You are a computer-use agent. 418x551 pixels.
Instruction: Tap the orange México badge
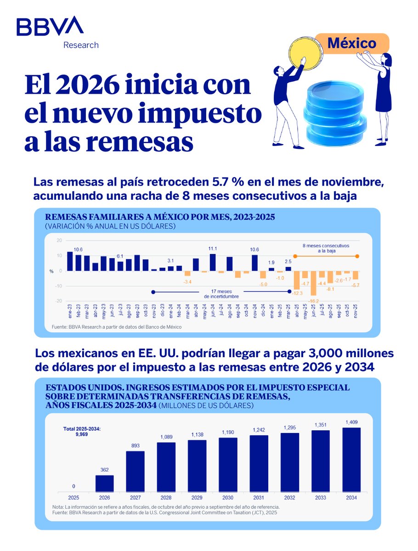pos(351,44)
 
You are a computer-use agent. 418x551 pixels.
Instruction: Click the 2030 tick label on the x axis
pos(228,498)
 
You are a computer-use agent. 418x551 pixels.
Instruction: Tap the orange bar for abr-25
pos(297,280)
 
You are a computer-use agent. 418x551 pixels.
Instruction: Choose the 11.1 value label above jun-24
pos(213,249)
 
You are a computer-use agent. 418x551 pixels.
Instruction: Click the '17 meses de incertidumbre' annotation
pos(221,294)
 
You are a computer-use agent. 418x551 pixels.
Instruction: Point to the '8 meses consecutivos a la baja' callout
pos(326,248)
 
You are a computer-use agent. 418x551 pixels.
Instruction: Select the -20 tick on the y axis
pos(59,301)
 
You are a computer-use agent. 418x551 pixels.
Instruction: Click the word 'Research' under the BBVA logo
pos(81,45)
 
